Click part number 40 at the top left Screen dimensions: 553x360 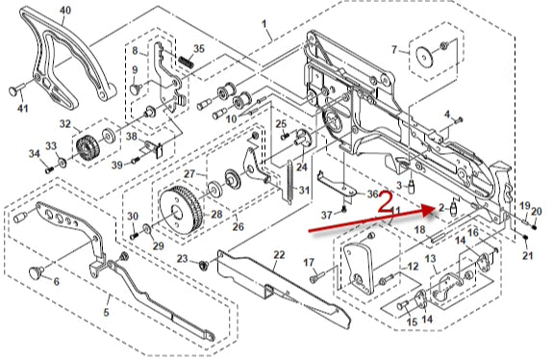point(64,11)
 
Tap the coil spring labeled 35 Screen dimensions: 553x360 point(186,63)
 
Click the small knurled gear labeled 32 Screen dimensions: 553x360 point(86,149)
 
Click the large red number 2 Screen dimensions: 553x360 point(386,202)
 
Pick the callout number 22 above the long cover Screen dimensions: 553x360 point(279,255)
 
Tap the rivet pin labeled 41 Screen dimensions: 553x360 point(15,90)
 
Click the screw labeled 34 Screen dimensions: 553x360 point(49,169)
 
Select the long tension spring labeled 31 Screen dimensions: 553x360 point(289,182)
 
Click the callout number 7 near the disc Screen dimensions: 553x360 point(394,49)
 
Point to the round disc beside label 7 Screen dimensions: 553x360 point(424,57)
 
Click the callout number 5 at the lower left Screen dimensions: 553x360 point(106,312)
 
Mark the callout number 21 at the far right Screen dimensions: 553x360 point(527,255)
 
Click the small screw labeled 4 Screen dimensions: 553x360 point(458,120)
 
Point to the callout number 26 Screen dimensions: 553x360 point(239,226)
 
